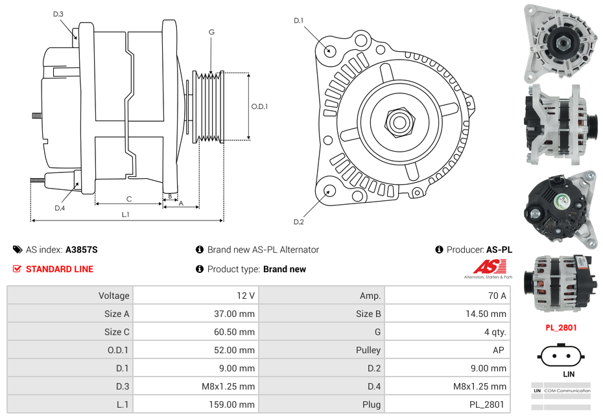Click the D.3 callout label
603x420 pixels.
point(58,14)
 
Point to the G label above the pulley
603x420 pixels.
point(211,32)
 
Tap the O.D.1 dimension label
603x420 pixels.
point(259,106)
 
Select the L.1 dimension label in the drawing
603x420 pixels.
point(126,214)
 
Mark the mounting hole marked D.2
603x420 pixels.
point(329,191)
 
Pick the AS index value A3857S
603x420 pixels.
point(81,250)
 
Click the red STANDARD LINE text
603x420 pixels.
point(60,269)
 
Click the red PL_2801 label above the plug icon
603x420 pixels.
point(561,327)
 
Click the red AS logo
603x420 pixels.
point(490,267)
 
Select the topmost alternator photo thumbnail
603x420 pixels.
point(561,40)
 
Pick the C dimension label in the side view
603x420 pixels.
point(129,199)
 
